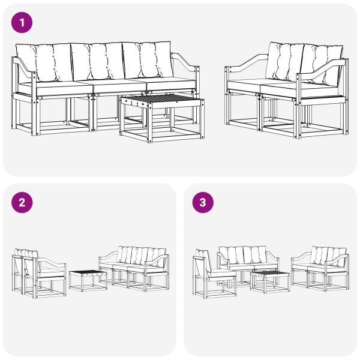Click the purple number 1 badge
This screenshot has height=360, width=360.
(x=22, y=23)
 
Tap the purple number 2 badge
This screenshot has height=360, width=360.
(x=22, y=203)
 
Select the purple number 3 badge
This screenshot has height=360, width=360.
(x=203, y=203)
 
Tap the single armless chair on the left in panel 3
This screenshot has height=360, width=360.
(x=211, y=273)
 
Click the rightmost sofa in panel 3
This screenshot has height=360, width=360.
(x=319, y=267)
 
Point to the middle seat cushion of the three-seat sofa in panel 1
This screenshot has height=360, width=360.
(x=114, y=85)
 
